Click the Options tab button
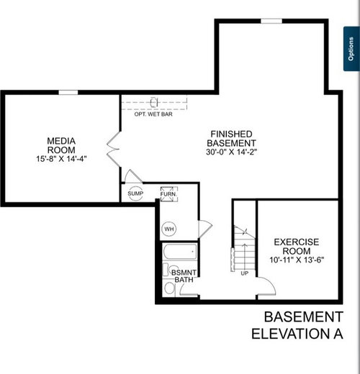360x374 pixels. click(351, 49)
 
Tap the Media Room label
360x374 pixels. click(61, 145)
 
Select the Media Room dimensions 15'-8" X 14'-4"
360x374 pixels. click(61, 159)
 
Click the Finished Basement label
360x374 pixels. click(231, 138)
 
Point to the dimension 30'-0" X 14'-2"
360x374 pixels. click(231, 152)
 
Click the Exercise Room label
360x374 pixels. click(297, 247)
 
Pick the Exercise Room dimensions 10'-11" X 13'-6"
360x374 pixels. click(297, 260)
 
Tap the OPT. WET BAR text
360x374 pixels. click(153, 114)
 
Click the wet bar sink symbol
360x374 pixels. click(154, 102)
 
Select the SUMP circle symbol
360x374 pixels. click(135, 193)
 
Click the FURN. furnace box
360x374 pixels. click(169, 193)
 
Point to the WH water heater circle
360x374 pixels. click(169, 229)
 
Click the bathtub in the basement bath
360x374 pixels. click(180, 252)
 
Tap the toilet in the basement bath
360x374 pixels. click(169, 288)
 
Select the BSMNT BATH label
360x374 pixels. click(184, 276)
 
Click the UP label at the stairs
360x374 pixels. click(244, 273)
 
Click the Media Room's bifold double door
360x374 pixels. click(113, 149)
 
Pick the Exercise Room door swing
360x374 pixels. click(266, 286)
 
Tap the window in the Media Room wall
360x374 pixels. click(68, 93)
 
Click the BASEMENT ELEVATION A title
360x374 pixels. click(297, 325)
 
